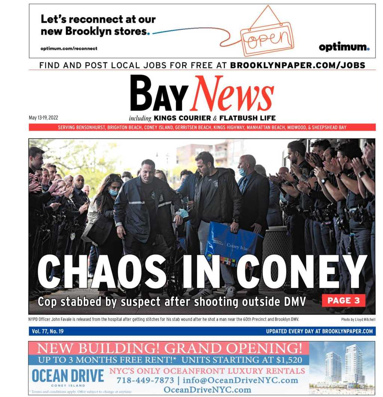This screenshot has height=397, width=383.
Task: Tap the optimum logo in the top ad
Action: point(344,47)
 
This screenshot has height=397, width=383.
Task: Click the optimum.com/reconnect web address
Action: point(69,49)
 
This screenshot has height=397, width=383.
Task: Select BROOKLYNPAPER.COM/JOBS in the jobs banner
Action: point(297,65)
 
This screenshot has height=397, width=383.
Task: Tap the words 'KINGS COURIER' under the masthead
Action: point(182,119)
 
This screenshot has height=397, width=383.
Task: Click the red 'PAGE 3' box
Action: point(343,300)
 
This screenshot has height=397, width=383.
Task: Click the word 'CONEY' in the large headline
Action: point(301,272)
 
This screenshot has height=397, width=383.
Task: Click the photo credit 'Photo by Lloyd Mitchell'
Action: point(358,320)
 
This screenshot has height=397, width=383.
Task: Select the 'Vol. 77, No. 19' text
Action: point(48,331)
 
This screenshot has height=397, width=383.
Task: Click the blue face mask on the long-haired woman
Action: point(113,192)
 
